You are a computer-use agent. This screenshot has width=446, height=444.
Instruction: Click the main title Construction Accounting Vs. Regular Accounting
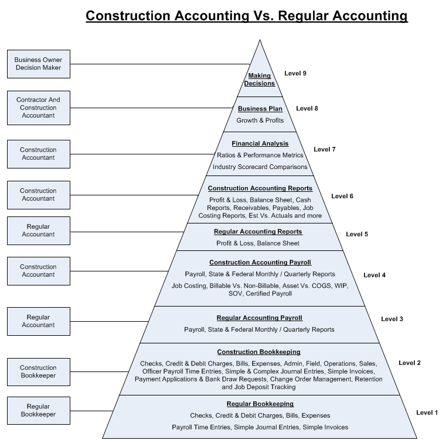coord(246,15)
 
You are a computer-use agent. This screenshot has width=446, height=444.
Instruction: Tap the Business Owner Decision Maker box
coord(38,64)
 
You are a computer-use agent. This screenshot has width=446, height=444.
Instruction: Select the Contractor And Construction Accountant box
coord(38,108)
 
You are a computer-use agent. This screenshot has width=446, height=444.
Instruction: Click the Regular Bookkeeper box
coord(38,410)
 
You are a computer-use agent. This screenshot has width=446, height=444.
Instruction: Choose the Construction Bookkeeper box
coord(38,372)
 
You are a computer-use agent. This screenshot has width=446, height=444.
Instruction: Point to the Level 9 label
coord(295,73)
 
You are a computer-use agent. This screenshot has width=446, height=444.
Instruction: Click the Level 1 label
coord(427,413)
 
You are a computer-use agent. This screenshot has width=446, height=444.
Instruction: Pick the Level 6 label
coord(342,196)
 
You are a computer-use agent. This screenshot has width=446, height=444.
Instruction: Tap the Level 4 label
coord(374,275)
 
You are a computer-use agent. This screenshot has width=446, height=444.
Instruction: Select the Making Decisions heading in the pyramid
coord(260,80)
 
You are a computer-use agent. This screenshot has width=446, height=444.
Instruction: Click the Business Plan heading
coord(260,109)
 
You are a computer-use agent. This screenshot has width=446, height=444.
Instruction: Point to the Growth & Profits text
coord(260,121)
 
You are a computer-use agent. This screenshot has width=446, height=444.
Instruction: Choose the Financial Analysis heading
coord(260,143)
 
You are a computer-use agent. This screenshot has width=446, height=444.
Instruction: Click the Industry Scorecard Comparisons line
coord(260,167)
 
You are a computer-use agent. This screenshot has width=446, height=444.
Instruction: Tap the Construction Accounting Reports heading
coord(260,188)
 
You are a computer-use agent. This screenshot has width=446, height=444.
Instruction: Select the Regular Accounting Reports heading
coord(258,232)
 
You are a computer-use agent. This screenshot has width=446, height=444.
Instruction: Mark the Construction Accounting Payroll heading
coord(260,263)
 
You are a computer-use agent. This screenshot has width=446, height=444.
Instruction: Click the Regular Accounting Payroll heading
coord(260,318)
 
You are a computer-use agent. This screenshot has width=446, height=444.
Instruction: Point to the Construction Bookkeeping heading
coord(259,352)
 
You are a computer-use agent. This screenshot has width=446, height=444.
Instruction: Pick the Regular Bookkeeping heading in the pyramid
coord(260,404)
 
